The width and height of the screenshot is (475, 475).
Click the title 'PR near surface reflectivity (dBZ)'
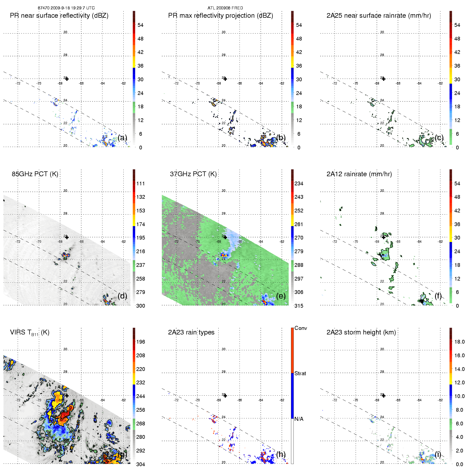coord(59,16)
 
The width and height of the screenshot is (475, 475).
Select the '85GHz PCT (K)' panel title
coord(35,174)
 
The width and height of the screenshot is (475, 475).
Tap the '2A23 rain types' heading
coord(191,332)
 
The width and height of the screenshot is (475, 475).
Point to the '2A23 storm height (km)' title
coord(361,332)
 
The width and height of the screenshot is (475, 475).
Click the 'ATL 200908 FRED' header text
coord(225,8)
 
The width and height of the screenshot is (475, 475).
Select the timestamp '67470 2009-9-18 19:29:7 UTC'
coord(66,8)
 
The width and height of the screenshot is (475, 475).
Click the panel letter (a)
coord(122,138)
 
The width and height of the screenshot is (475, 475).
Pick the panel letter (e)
coord(281,296)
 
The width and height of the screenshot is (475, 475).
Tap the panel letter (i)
coord(438,454)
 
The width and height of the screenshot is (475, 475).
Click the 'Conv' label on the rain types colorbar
coord(301,328)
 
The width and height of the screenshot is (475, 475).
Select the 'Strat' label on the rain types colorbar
coord(300,373)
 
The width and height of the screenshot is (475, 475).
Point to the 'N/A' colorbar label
coord(299,419)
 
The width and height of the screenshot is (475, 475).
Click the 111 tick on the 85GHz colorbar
coord(141,183)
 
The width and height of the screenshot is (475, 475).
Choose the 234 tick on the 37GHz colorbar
coord(299,183)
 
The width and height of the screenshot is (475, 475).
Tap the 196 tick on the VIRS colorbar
coord(141,342)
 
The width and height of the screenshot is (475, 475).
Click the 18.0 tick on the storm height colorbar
coord(459,342)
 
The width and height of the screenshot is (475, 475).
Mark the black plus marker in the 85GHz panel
coord(67,237)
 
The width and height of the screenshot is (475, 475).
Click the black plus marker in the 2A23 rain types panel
coord(225,396)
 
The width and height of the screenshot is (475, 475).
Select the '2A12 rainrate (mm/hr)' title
coord(359,174)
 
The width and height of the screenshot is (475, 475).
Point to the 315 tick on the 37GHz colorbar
coord(299,306)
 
